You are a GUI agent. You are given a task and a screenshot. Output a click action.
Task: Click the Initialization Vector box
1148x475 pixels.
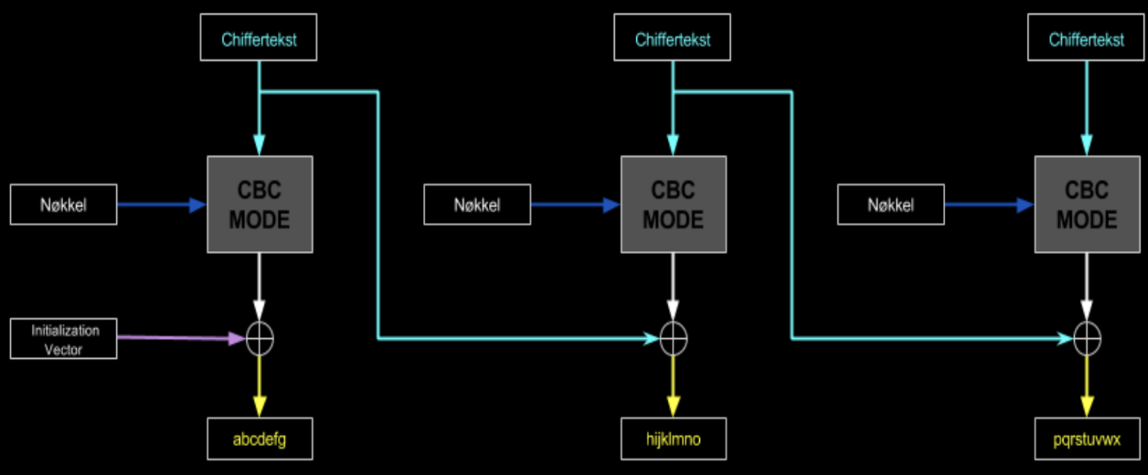pos(64,338)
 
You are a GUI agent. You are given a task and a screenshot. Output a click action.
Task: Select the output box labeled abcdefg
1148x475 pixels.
pos(260,439)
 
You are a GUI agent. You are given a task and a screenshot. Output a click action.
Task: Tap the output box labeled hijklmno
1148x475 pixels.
pos(674,439)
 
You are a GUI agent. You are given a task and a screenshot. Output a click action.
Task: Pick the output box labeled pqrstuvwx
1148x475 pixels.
pos(1087,439)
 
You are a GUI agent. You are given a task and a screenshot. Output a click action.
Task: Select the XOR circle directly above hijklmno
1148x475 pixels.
pos(674,338)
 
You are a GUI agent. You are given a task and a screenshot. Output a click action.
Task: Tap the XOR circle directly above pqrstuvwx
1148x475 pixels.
pos(1087,338)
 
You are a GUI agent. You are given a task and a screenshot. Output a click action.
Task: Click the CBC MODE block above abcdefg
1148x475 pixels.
pos(260,205)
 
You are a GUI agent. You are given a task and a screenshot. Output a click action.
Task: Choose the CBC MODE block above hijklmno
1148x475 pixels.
pos(674,205)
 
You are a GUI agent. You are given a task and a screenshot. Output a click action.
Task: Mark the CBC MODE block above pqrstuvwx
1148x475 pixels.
pos(1087,205)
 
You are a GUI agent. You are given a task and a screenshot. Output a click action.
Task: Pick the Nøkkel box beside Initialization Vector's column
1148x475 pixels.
pos(64,205)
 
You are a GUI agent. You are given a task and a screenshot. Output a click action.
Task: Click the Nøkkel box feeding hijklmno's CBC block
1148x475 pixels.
pos(477,205)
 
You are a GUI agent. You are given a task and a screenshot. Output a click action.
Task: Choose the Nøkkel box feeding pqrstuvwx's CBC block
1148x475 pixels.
pos(890,205)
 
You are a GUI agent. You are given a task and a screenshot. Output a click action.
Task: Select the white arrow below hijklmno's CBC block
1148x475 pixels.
pos(674,288)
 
